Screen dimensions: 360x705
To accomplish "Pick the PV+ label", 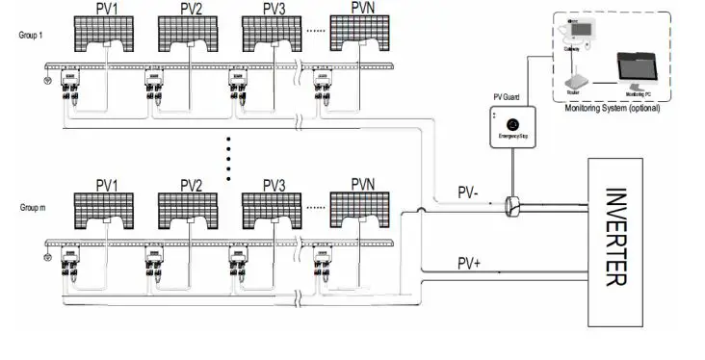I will (x=469, y=262).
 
